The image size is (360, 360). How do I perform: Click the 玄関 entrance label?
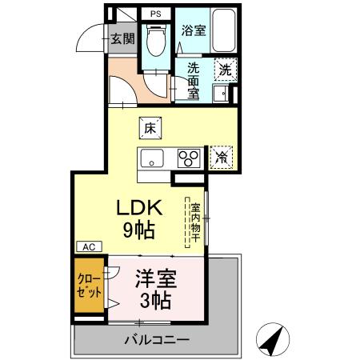point(122,38)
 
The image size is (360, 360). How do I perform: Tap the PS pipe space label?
point(155,14)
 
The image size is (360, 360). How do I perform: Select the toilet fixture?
point(155,38)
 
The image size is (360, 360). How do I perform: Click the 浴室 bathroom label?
point(194,32)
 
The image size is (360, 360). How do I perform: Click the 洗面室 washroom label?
point(194,81)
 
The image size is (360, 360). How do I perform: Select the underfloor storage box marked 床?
point(150,126)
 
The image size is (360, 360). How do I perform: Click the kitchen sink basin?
point(152,157)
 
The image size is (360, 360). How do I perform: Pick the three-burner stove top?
point(189,157)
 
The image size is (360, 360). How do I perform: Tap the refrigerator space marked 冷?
point(222,157)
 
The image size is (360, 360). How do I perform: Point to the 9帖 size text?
point(140,230)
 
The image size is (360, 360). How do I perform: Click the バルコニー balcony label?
point(156,340)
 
